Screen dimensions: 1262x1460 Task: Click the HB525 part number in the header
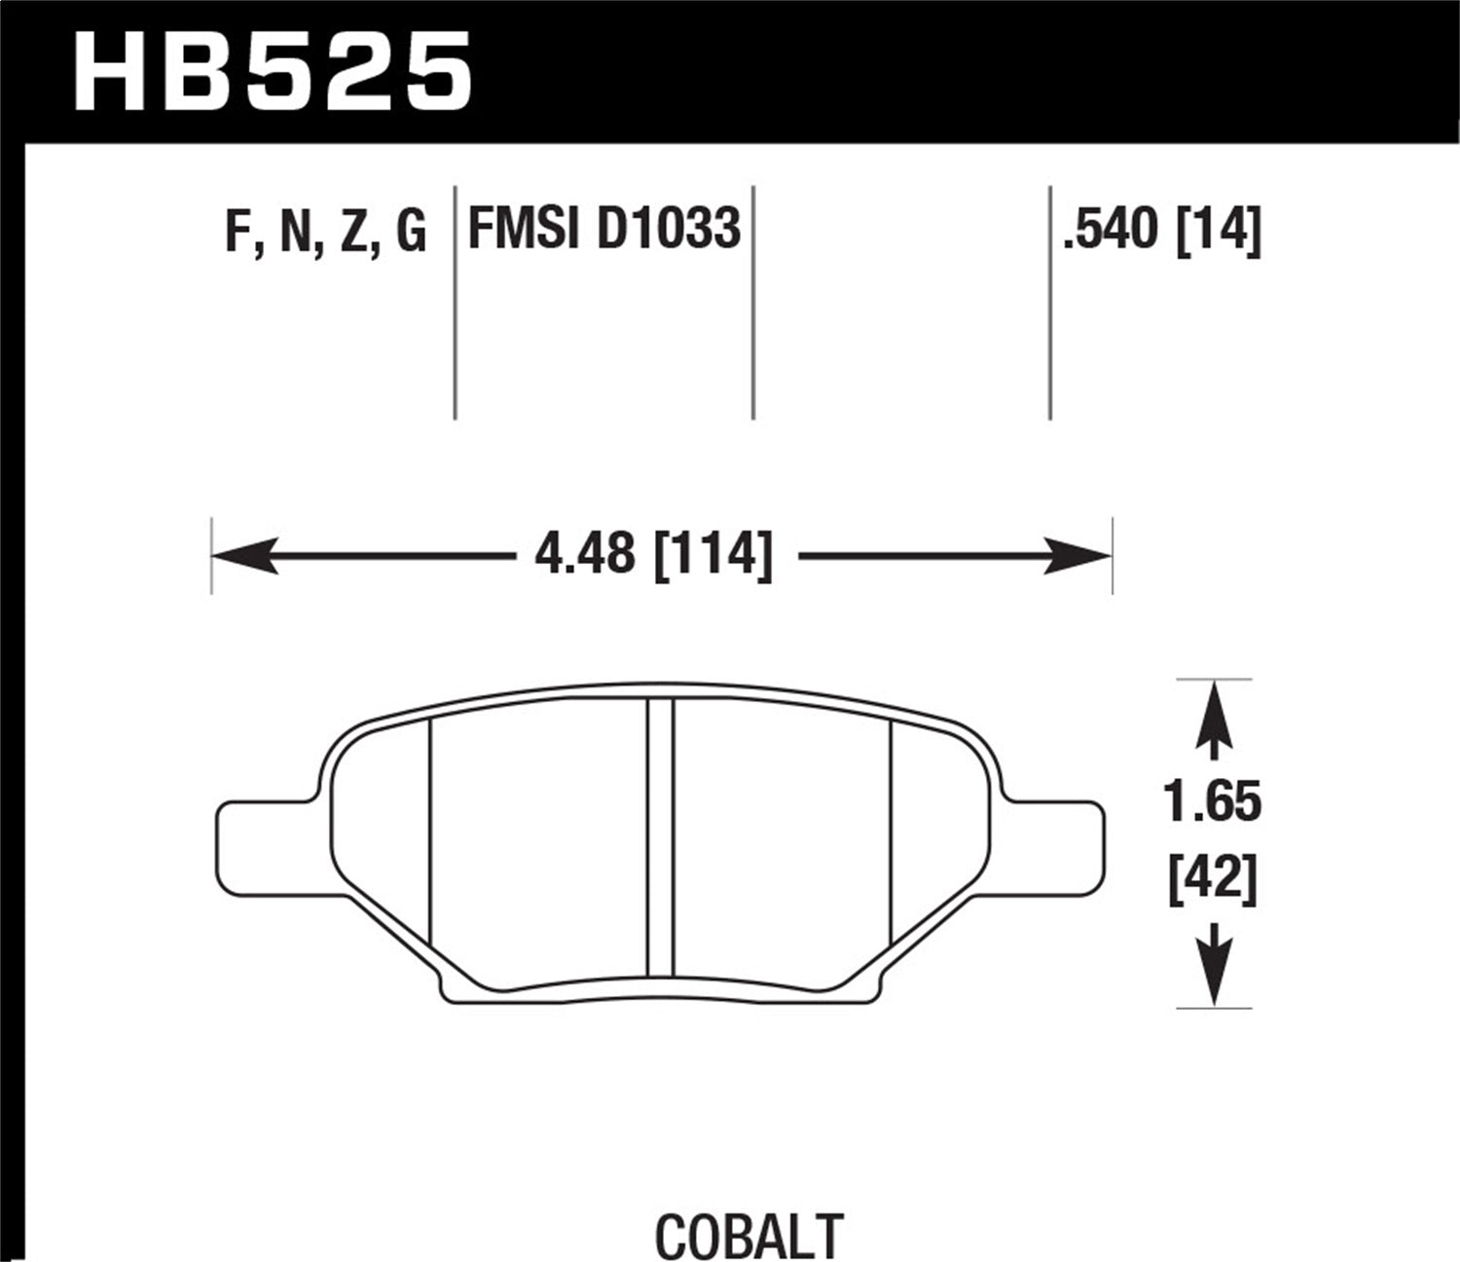click(x=272, y=70)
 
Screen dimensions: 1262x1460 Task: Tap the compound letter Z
click(x=352, y=231)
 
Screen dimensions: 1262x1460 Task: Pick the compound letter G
click(x=411, y=231)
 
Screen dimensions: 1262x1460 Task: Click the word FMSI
click(x=524, y=230)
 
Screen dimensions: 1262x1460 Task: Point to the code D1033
click(x=668, y=230)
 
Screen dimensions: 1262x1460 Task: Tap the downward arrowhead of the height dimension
click(x=1214, y=979)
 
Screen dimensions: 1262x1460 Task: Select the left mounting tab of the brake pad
click(x=263, y=838)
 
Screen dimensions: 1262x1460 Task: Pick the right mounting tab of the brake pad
click(x=1056, y=838)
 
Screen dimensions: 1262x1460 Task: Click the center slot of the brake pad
click(x=661, y=837)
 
